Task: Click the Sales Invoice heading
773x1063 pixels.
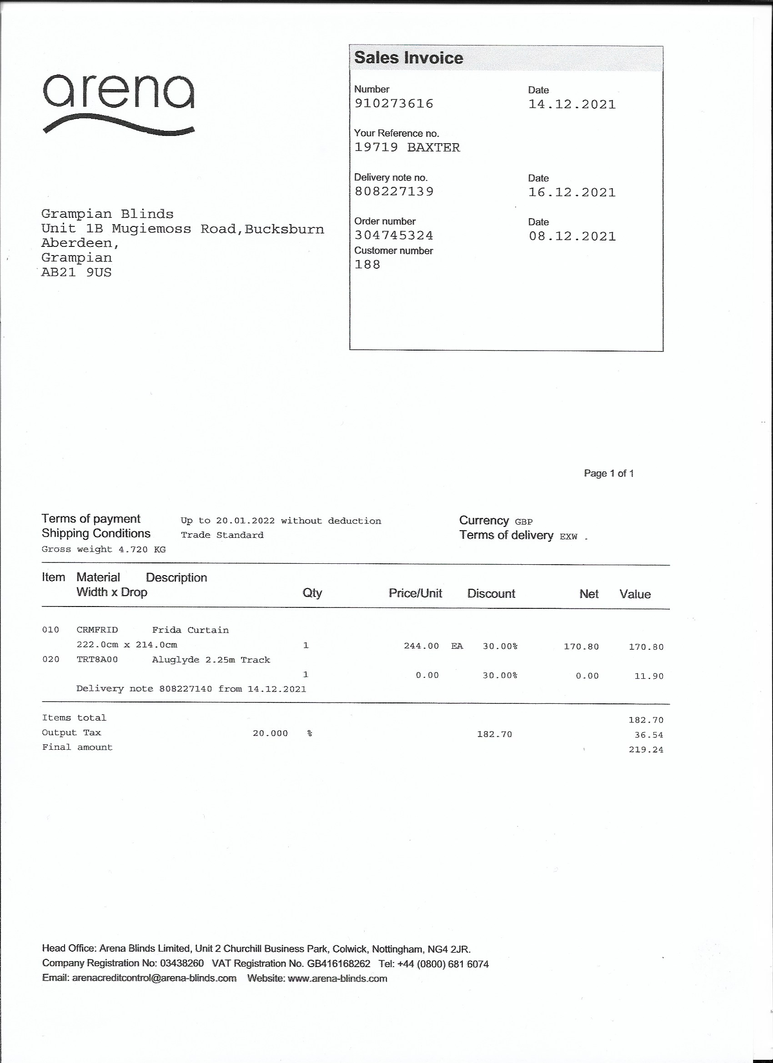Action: click(408, 58)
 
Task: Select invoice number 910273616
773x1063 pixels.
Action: click(394, 103)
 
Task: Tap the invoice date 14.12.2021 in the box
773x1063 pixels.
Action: click(572, 104)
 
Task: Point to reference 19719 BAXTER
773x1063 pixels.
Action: click(407, 147)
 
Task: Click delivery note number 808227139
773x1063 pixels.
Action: click(394, 191)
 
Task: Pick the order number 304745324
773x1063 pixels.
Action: click(394, 235)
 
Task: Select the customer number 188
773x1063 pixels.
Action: click(367, 264)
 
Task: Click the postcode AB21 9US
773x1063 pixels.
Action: click(76, 272)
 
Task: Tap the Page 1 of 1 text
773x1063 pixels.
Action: click(608, 473)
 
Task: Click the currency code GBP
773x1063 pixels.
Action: click(524, 521)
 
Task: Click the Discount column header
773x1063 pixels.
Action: click(491, 594)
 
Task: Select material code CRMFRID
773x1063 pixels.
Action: click(97, 630)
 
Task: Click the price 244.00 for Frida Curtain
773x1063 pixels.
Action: click(421, 646)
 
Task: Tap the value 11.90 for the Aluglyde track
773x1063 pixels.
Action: click(649, 676)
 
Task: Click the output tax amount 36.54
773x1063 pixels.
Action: click(649, 735)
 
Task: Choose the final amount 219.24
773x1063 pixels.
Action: click(646, 749)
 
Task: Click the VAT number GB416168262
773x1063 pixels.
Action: click(338, 963)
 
